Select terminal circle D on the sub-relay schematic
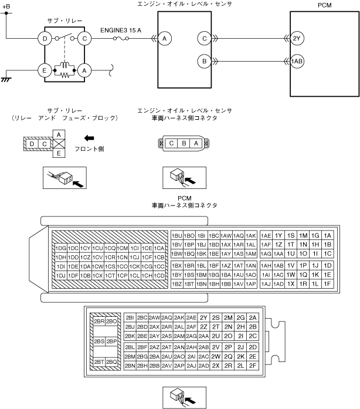pos(45,39)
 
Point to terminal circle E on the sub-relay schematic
pos(45,70)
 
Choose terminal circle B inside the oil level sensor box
pos(204,60)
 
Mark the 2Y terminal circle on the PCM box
pos(296,39)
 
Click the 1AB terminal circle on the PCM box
pos(296,60)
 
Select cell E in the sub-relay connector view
pos(58,153)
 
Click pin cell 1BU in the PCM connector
pos(176,235)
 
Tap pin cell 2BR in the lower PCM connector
pos(99,322)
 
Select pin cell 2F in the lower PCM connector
pos(253,365)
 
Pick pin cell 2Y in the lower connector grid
pos(204,317)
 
